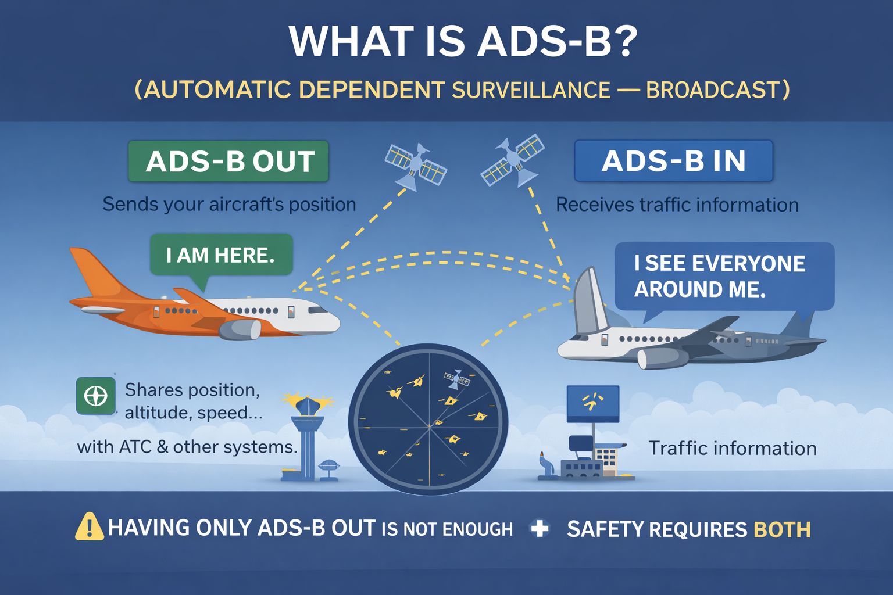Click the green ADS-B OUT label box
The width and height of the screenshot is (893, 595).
click(228, 162)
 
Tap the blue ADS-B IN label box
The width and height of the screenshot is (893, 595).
click(673, 161)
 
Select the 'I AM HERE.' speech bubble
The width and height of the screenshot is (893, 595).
click(221, 257)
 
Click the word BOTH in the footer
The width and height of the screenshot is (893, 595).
click(782, 530)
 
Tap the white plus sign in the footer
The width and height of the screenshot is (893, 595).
click(540, 528)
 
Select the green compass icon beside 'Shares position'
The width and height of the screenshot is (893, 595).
click(96, 396)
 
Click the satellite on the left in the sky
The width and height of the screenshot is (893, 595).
click(416, 166)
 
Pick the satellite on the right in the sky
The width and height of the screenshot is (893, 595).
click(513, 160)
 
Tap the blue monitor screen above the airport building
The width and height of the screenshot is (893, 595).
click(593, 404)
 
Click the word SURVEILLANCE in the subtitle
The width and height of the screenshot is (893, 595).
click(531, 89)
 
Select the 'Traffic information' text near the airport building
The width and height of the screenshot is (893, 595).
click(733, 448)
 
